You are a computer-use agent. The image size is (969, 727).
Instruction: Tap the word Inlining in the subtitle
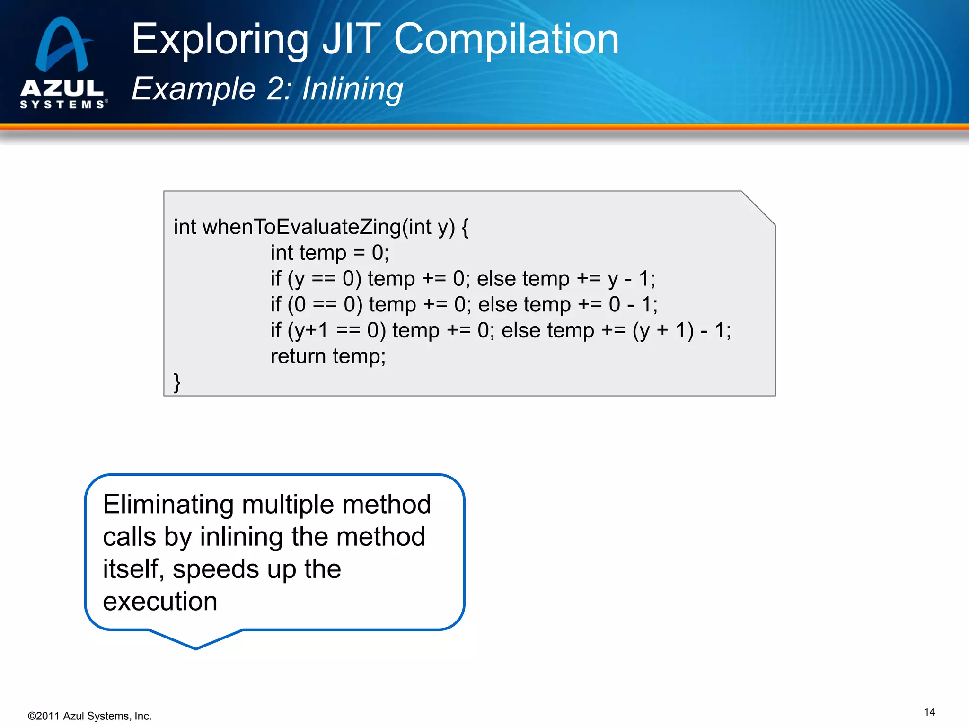(352, 89)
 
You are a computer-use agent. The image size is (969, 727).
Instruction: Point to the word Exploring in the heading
(220, 40)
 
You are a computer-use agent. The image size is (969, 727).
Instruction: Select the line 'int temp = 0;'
(329, 253)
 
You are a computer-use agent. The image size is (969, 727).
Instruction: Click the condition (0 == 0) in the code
(325, 304)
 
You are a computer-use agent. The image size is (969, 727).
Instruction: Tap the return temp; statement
(328, 356)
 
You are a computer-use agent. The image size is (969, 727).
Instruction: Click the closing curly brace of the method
(177, 382)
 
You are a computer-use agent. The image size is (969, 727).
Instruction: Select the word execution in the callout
(160, 602)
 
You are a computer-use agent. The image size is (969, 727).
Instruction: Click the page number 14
(929, 712)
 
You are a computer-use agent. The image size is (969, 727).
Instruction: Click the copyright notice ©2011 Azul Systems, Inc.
(90, 716)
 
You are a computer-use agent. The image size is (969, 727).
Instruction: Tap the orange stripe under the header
(484, 126)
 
